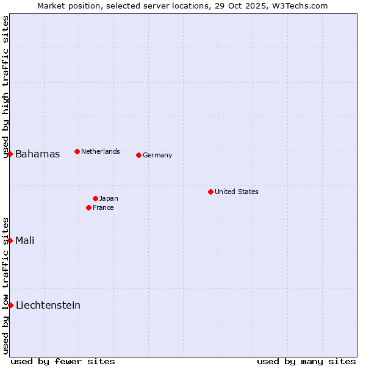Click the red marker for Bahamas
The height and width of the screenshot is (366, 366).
[x=10, y=154]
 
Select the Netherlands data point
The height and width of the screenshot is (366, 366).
[x=77, y=151]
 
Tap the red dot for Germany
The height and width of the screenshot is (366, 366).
[x=138, y=155]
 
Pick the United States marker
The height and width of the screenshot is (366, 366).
[x=210, y=192]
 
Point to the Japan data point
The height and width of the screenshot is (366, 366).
[x=95, y=198]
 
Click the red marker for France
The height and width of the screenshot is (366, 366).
[x=89, y=207]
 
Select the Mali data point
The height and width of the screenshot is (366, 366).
[x=10, y=240]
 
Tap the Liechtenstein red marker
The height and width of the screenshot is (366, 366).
[x=10, y=305]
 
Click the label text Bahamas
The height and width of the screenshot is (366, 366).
[x=38, y=154]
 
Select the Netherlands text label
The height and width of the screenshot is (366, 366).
[x=101, y=151]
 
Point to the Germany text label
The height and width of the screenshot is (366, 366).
[x=157, y=155]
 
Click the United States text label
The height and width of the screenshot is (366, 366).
[x=237, y=192]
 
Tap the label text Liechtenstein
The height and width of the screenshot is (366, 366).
[x=48, y=305]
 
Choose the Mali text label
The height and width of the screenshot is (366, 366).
[x=25, y=240]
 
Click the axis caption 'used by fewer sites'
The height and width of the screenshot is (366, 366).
[x=63, y=361]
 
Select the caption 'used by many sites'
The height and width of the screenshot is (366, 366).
[x=306, y=361]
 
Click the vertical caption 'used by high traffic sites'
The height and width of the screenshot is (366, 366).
[x=5, y=87]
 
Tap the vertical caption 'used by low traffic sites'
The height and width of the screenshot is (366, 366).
[x=5, y=285]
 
